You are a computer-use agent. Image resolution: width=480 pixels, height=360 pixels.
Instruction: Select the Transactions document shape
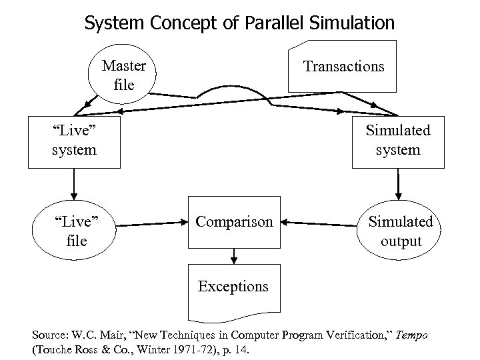click(x=343, y=67)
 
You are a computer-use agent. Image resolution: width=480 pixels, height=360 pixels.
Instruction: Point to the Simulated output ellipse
click(x=401, y=231)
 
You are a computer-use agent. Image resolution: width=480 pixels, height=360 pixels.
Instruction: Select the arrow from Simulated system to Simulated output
click(x=398, y=183)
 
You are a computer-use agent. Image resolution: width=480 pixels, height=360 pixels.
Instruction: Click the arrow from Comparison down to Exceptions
click(x=233, y=255)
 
